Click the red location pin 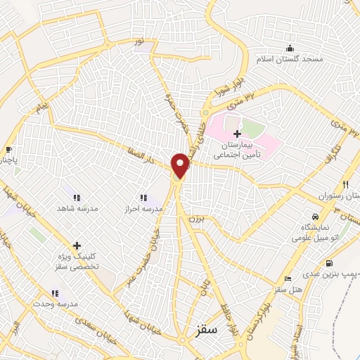181,166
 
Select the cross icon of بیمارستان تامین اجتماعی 237,134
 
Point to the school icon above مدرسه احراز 143,198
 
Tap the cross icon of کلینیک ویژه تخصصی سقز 76,245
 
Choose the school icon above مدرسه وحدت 54,292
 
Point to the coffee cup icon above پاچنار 8,150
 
